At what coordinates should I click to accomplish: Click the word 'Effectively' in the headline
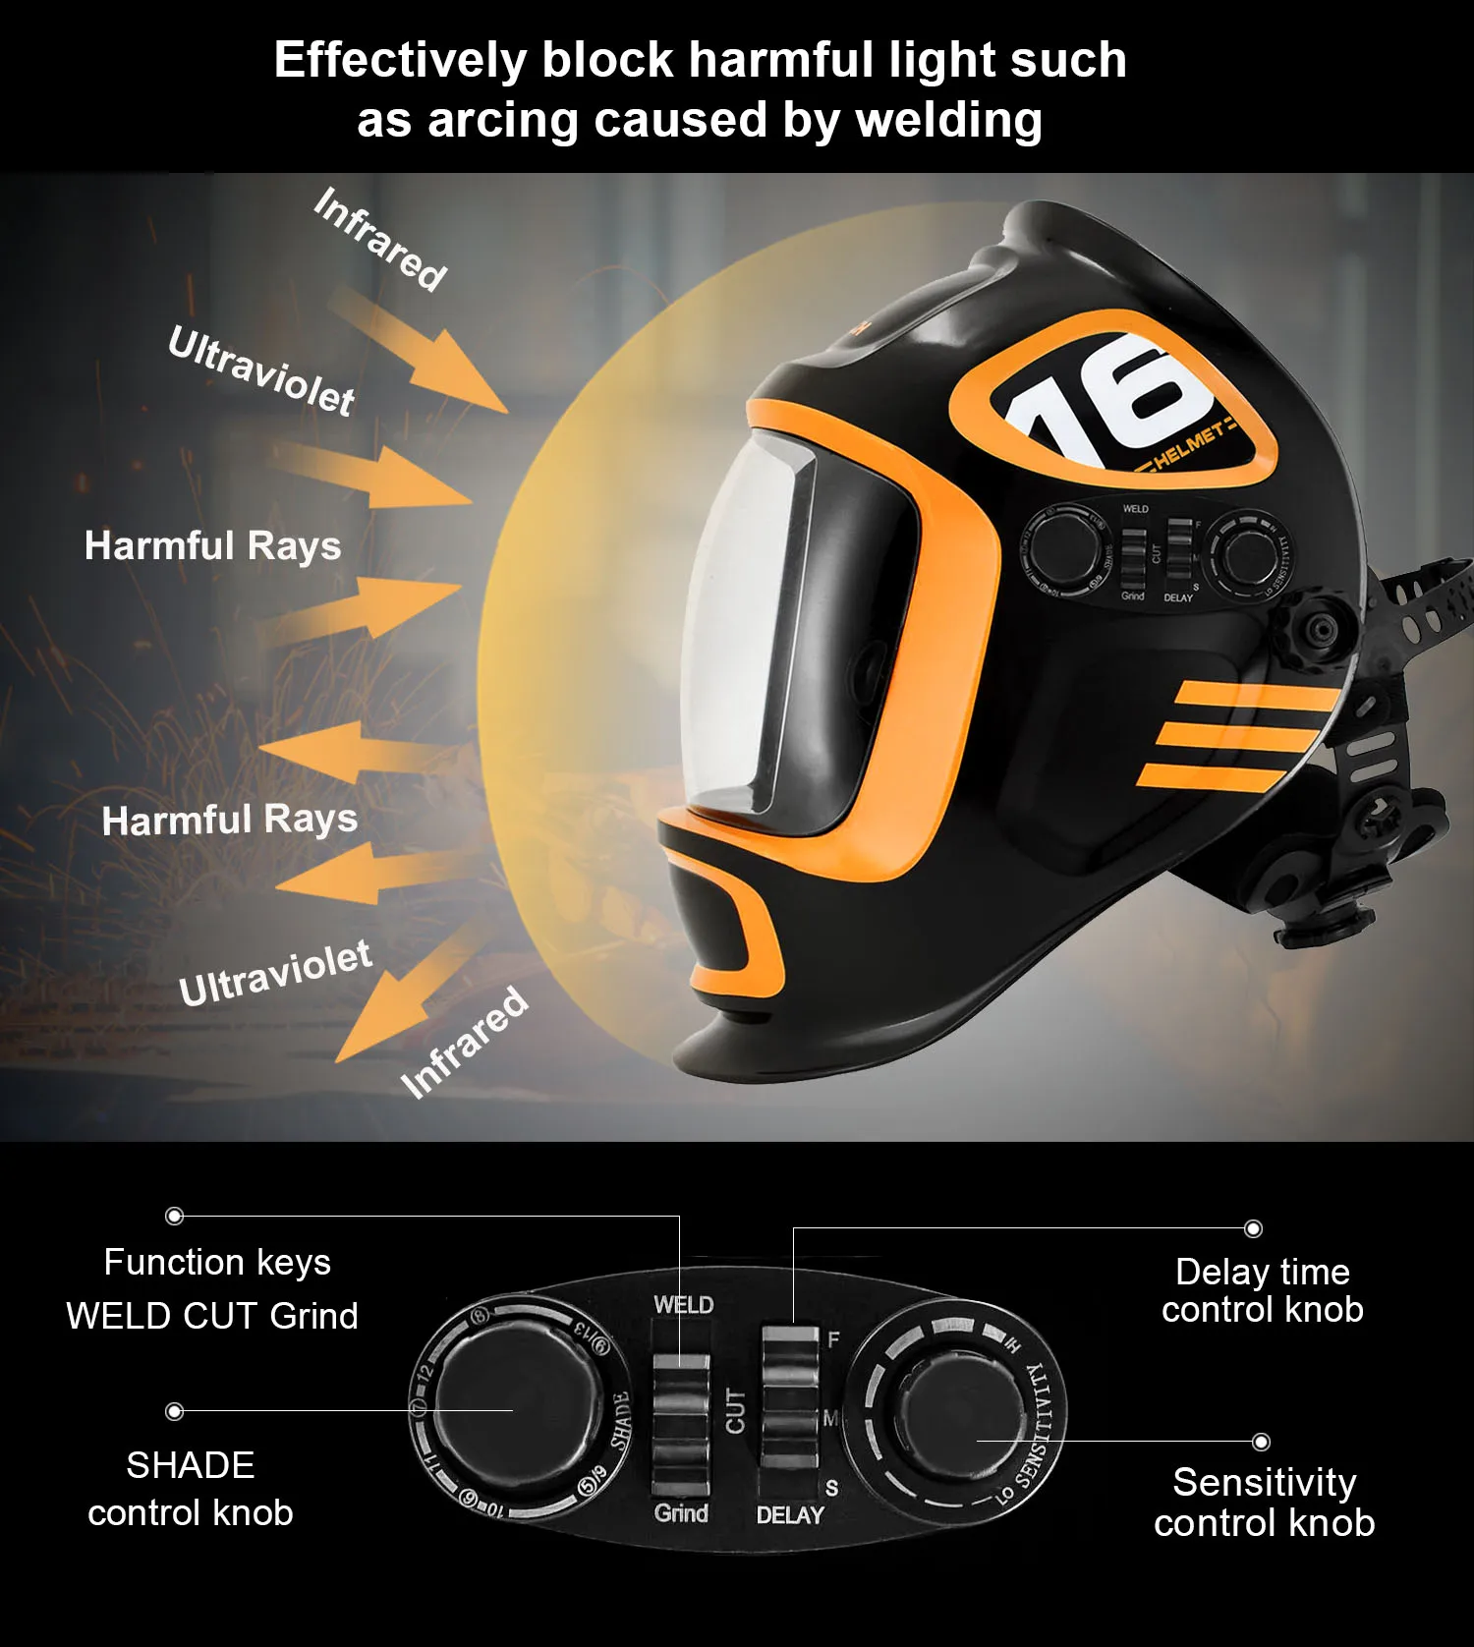pyautogui.click(x=400, y=60)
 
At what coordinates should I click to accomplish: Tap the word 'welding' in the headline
pyautogui.click(x=948, y=120)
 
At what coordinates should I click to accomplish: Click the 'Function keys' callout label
pyautogui.click(x=217, y=1262)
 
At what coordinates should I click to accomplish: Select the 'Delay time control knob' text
pyautogui.click(x=1262, y=1290)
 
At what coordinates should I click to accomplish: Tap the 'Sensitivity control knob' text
pyautogui.click(x=1264, y=1502)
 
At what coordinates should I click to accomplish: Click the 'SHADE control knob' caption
pyautogui.click(x=191, y=1489)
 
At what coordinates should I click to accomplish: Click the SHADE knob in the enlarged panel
pyautogui.click(x=514, y=1410)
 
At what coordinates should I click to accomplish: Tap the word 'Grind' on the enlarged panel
pyautogui.click(x=681, y=1513)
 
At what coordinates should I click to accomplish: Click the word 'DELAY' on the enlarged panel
pyautogui.click(x=790, y=1515)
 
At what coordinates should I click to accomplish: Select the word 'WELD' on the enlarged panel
pyautogui.click(x=684, y=1305)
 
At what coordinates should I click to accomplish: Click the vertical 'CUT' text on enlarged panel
pyautogui.click(x=735, y=1411)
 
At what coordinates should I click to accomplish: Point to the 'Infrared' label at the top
pyautogui.click(x=380, y=239)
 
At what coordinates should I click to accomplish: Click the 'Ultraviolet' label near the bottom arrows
pyautogui.click(x=275, y=973)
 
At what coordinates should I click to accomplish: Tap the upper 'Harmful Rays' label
pyautogui.click(x=212, y=545)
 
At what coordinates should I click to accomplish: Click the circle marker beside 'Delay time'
pyautogui.click(x=1253, y=1228)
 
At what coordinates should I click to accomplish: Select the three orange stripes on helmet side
pyautogui.click(x=1238, y=736)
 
